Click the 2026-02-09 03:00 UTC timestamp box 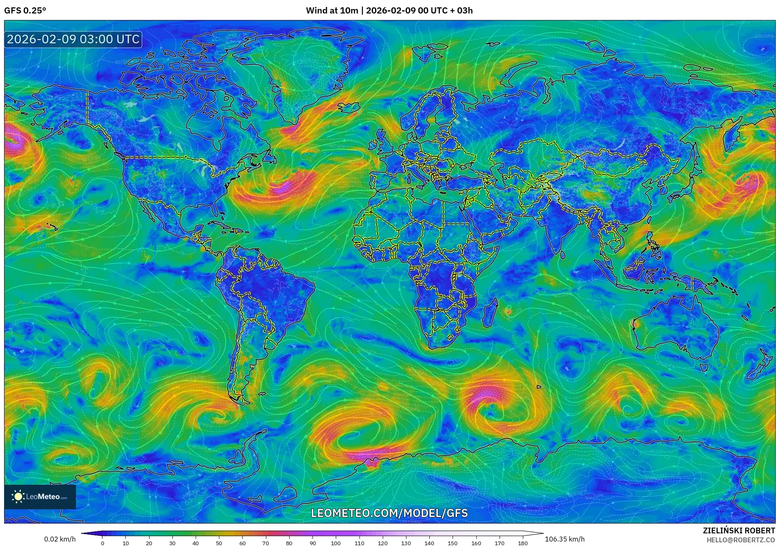(x=73, y=39)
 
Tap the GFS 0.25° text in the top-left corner (x=25, y=11)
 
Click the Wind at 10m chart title (x=389, y=11)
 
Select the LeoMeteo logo (x=40, y=497)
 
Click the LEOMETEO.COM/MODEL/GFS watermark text (x=389, y=513)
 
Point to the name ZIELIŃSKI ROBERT (x=739, y=530)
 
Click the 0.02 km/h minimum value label (x=60, y=539)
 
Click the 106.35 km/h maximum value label (x=565, y=539)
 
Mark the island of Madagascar (x=490, y=314)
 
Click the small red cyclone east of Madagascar (x=508, y=312)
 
